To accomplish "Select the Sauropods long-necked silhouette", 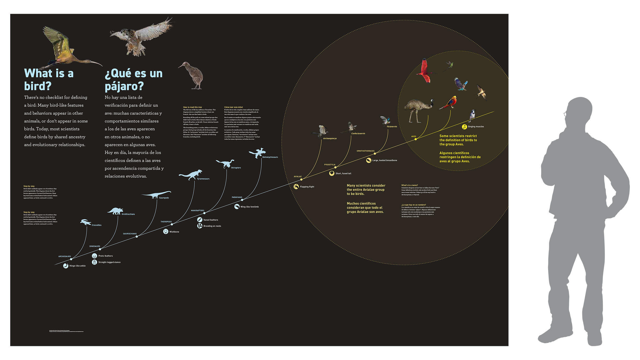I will [x=156, y=194].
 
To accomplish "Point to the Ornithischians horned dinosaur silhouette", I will [x=115, y=211].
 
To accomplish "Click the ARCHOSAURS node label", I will [x=65, y=256].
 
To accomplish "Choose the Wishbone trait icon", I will [x=166, y=232].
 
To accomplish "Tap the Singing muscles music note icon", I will [x=464, y=127].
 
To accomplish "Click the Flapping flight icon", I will [x=296, y=187].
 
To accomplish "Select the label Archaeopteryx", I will [x=330, y=139].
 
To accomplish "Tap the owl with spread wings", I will [x=140, y=36].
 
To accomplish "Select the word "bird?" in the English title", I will [x=38, y=86].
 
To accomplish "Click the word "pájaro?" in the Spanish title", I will [x=124, y=86].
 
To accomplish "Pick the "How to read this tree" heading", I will [x=193, y=107].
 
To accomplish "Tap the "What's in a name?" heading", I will [x=409, y=185].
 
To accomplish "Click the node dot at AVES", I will [x=415, y=139].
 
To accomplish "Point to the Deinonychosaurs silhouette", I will [x=257, y=153].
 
